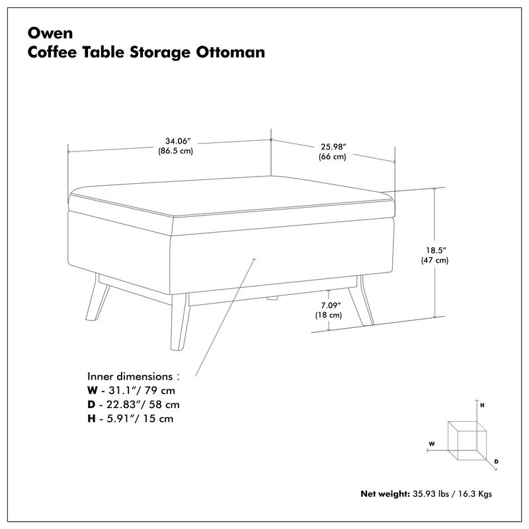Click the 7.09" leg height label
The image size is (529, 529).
pyautogui.click(x=328, y=305)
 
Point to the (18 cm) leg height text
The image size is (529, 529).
pyautogui.click(x=328, y=315)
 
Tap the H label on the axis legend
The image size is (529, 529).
pyautogui.click(x=483, y=403)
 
